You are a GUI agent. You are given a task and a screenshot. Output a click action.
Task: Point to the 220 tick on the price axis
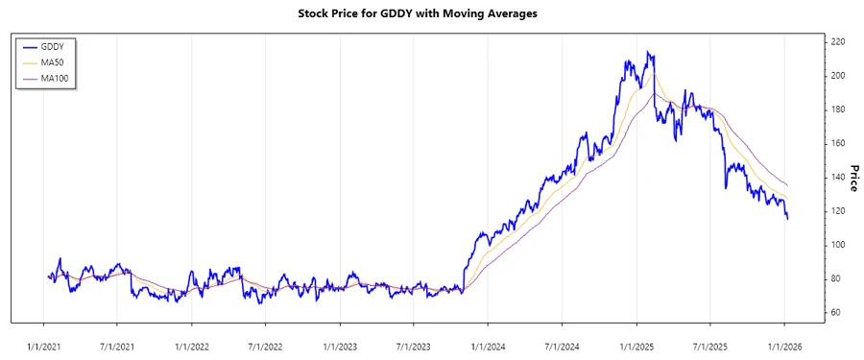tap(837, 42)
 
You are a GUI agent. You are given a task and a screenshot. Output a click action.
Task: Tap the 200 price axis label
tap(837, 76)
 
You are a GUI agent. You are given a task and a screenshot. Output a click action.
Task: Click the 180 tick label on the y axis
tap(837, 109)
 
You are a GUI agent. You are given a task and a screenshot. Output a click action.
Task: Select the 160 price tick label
tap(837, 143)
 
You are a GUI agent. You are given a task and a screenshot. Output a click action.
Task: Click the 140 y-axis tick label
tap(837, 177)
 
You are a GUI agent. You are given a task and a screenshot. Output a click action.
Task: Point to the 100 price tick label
tap(837, 245)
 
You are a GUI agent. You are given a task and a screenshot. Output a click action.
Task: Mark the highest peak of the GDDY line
tap(649, 52)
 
